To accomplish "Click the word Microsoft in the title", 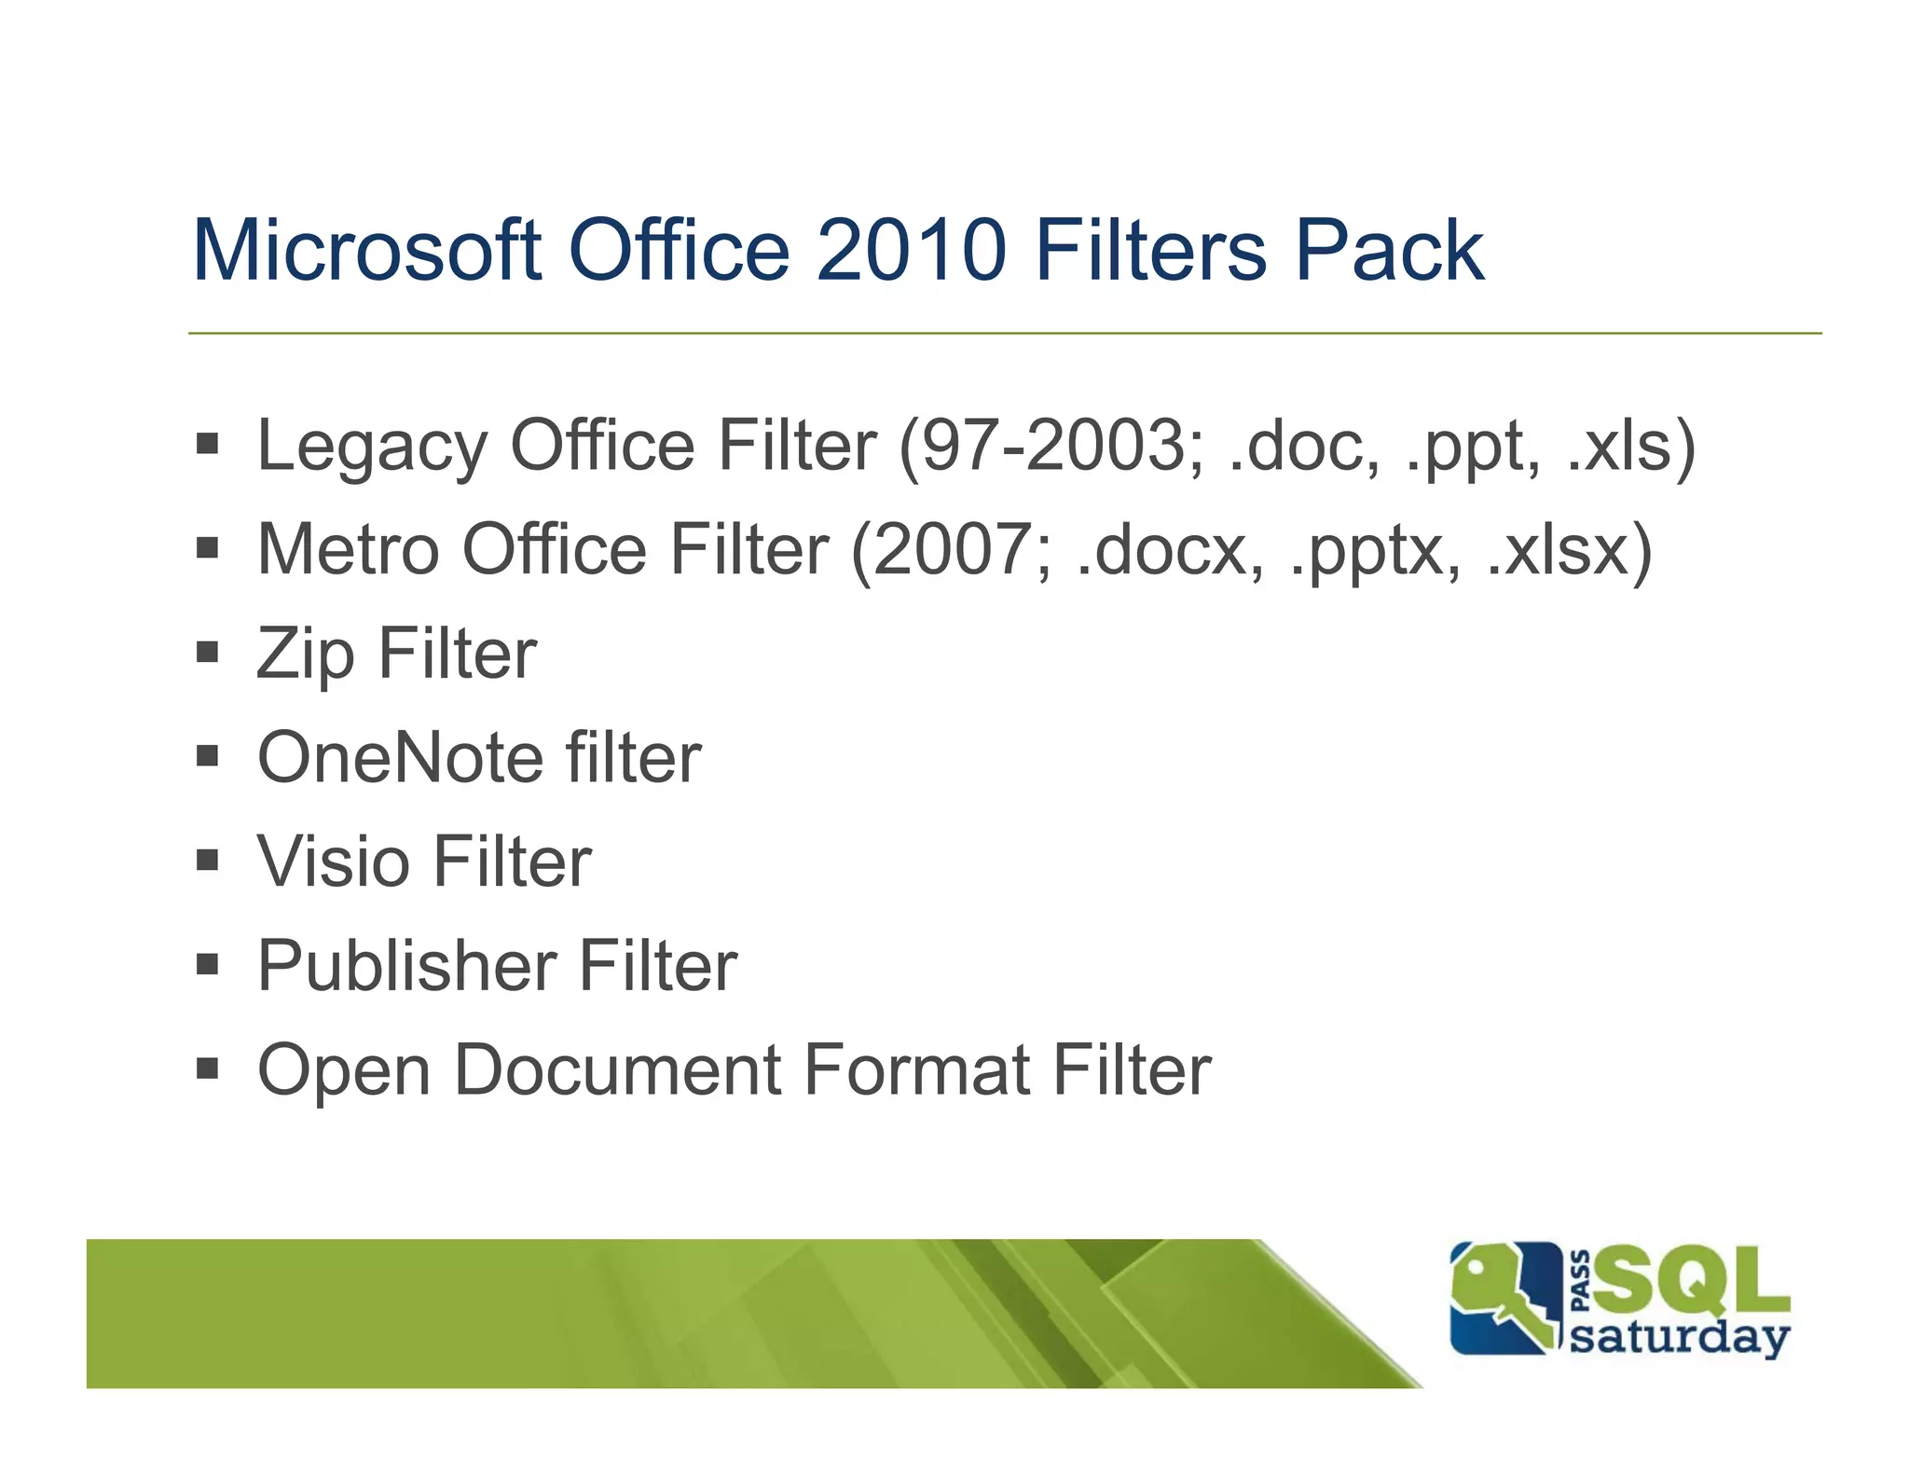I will pyautogui.click(x=367, y=250).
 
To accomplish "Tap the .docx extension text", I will pyautogui.click(x=1170, y=550).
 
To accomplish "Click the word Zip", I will pyautogui.click(x=306, y=655).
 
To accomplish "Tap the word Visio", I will pyautogui.click(x=333, y=862).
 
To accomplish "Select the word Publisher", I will pyautogui.click(x=406, y=966).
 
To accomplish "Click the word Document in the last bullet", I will pyautogui.click(x=617, y=1070).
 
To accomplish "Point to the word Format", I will pyautogui.click(x=916, y=1070).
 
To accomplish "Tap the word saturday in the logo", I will pyautogui.click(x=1679, y=1338).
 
